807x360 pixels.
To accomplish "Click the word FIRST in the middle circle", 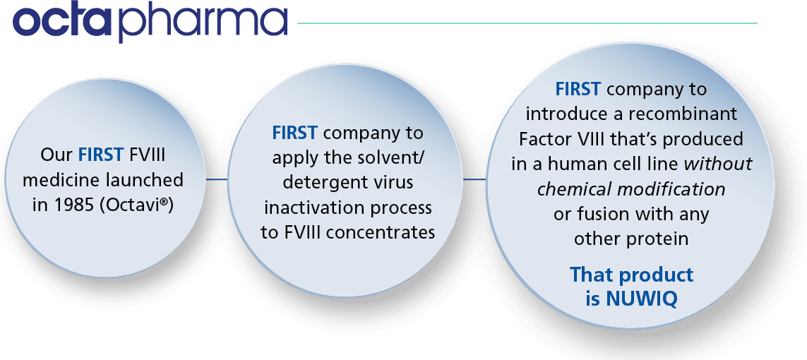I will [295, 133].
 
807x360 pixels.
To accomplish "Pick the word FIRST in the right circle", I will [578, 90].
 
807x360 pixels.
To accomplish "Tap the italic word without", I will [720, 164].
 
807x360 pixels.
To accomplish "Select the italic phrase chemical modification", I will [631, 189].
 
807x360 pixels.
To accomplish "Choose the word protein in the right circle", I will [660, 239].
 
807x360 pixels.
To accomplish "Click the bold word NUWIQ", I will [641, 299].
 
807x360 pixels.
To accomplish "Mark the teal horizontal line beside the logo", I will [527, 23].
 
